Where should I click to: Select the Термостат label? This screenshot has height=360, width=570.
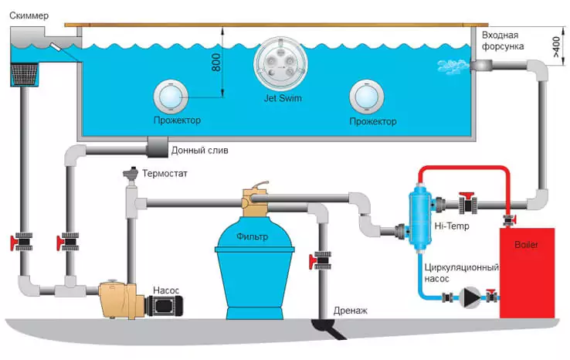click(165, 174)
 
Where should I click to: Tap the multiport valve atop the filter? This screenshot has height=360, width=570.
click(256, 202)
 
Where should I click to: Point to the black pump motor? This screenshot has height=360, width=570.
click(165, 303)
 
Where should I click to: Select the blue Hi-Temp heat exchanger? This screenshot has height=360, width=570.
click(419, 214)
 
